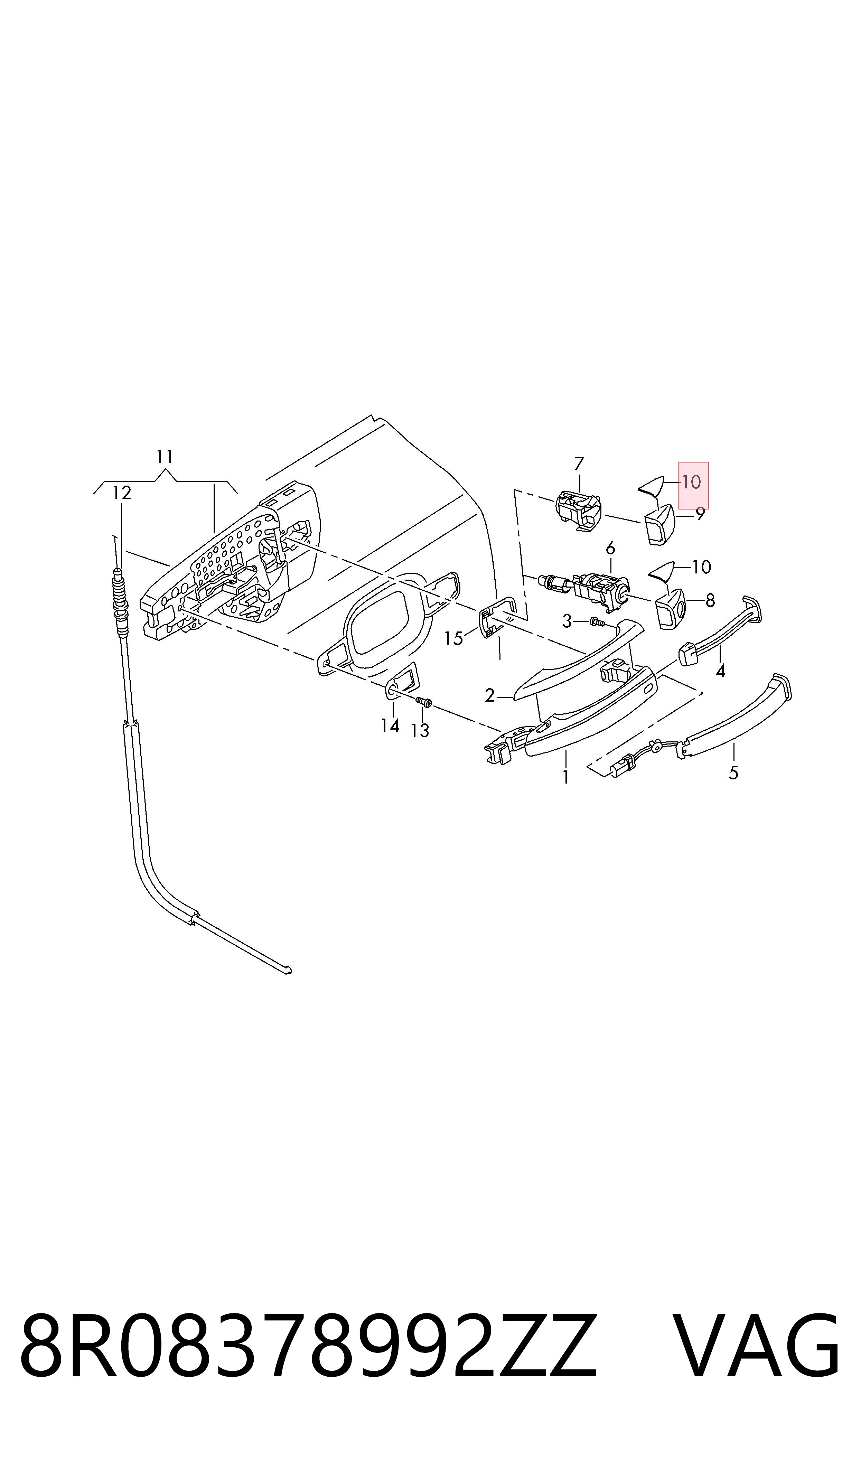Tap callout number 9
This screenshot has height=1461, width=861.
coord(700,514)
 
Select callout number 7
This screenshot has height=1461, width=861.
coord(579,464)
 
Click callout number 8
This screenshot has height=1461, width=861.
coord(710,600)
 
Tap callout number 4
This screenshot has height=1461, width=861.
coord(721,671)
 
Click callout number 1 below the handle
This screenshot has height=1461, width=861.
coord(566,777)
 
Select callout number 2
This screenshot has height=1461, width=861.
coord(490,695)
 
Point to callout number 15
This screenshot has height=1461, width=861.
coord(454,639)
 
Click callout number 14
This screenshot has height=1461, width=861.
coord(390,725)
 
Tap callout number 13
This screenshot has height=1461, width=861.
coord(420,731)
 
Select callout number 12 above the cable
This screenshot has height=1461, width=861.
coord(121,493)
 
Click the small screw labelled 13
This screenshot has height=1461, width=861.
coord(424,702)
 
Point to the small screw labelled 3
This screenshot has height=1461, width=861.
coord(597,623)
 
